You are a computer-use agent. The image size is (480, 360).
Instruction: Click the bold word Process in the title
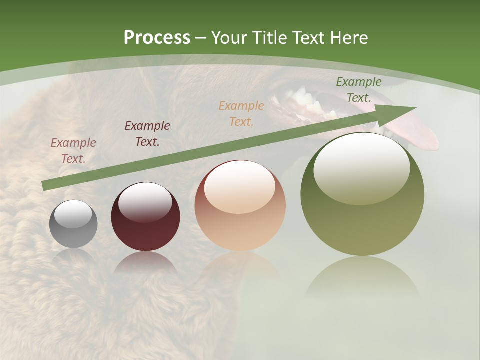(x=157, y=38)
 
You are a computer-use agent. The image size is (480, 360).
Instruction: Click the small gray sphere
(x=73, y=224)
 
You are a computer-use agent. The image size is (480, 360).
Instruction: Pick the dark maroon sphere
(x=145, y=217)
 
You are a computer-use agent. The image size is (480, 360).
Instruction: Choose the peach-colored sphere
(x=240, y=205)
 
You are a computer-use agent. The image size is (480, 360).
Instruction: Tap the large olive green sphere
(x=362, y=194)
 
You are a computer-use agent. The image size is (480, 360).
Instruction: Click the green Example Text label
(x=358, y=90)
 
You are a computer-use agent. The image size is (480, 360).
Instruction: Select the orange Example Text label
(x=241, y=113)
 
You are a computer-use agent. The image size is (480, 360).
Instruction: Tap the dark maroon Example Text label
(x=147, y=134)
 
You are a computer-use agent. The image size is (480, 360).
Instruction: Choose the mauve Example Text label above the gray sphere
(x=73, y=151)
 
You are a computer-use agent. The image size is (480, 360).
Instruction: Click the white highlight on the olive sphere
(x=361, y=167)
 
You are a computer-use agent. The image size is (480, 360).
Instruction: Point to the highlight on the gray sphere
(x=73, y=213)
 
